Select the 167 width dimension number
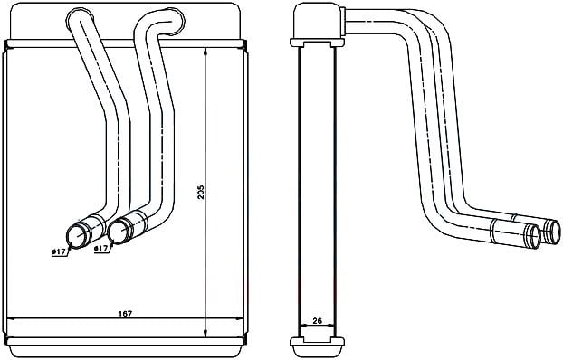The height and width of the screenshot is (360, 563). click(x=125, y=313)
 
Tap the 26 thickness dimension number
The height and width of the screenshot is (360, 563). click(x=317, y=320)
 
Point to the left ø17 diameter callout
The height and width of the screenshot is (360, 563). click(x=59, y=251)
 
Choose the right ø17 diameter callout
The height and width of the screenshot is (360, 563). click(x=100, y=249)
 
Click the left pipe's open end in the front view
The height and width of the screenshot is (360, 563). click(x=76, y=236)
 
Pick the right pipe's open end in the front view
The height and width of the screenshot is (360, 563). click(x=118, y=231)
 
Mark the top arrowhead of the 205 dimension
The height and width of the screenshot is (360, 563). click(x=205, y=52)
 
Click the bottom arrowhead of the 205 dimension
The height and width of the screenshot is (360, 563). click(x=205, y=334)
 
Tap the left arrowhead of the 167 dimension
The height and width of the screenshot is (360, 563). click(x=11, y=318)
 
